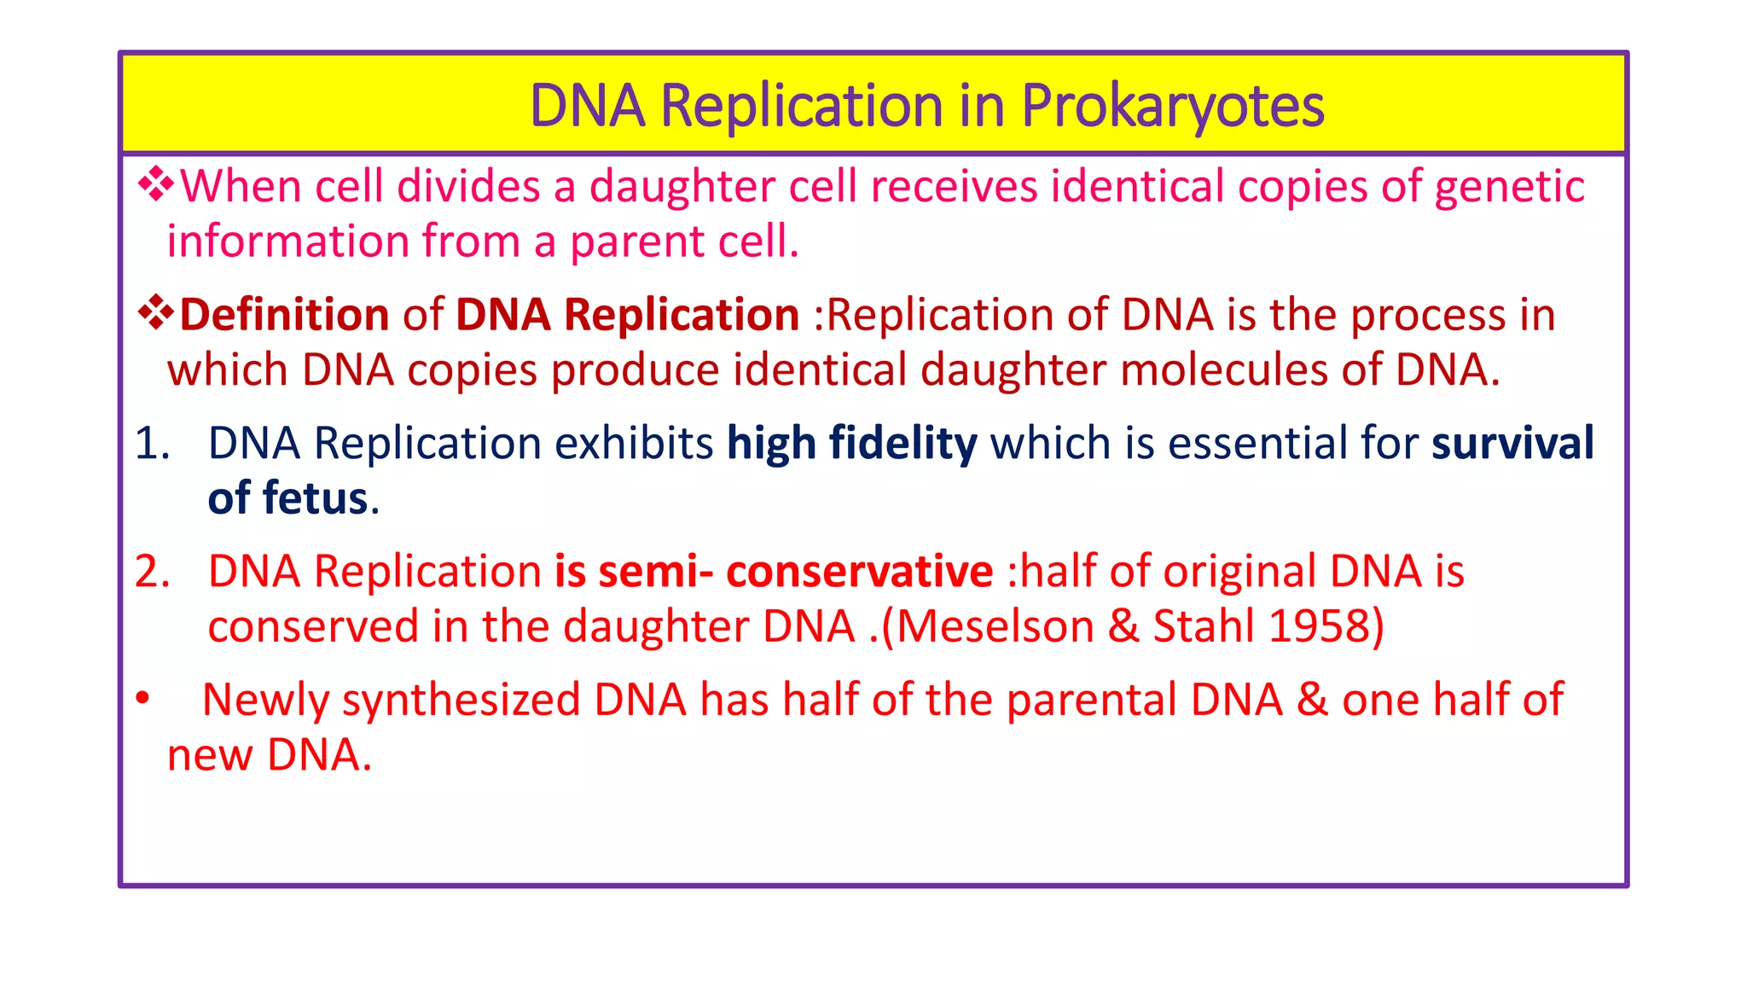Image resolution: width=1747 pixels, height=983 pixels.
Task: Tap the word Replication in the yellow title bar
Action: point(801,107)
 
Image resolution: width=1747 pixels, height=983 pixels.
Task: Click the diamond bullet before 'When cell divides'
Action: point(156,183)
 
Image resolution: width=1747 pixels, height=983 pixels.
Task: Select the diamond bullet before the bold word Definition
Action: point(156,312)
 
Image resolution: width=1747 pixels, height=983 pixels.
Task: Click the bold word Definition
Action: point(284,315)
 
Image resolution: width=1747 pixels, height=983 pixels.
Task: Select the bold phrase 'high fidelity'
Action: point(851,444)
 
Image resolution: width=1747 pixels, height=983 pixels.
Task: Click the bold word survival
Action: point(1512,444)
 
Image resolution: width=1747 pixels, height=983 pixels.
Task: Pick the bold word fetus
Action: point(315,498)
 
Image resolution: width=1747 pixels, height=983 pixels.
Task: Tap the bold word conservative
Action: point(859,572)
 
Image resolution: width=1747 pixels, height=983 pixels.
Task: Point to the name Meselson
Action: point(995,627)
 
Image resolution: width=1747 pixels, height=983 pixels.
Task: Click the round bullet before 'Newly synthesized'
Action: point(142,699)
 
